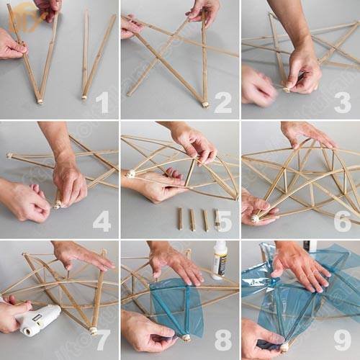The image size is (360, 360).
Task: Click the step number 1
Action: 103,102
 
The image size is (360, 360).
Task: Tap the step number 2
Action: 222,102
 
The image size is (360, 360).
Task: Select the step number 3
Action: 342,102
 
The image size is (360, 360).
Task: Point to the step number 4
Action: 102,221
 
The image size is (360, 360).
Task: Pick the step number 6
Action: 342,221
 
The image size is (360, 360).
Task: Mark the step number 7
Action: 102,339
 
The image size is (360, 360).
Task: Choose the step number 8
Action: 222,339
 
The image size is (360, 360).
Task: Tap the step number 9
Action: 342,339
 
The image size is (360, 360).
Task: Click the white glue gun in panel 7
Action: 40,318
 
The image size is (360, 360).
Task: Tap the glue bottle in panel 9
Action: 310,246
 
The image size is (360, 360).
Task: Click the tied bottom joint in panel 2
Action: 205,104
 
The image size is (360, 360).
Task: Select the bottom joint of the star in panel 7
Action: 92,330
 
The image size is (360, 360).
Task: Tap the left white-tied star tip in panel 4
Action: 10,156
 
